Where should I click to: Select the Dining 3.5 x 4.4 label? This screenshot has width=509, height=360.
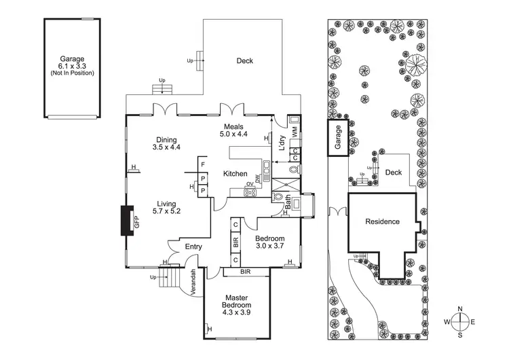coord(166,142)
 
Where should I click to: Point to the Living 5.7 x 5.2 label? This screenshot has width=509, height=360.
coord(166,207)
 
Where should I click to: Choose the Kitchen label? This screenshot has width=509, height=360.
coord(235,175)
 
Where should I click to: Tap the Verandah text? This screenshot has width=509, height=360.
coord(193,281)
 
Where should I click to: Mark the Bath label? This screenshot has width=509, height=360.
coord(288,202)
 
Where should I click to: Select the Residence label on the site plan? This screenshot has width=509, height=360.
coord(382,222)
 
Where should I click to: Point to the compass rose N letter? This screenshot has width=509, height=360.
coord(461,309)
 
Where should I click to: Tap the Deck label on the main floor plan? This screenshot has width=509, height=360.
coord(244,61)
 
